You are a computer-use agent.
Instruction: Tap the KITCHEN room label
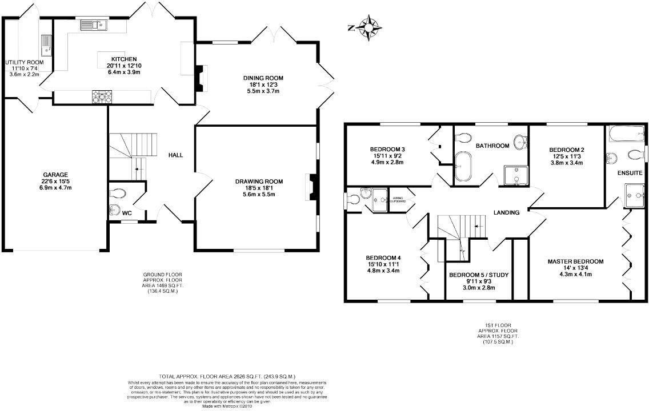pyautogui.click(x=123, y=59)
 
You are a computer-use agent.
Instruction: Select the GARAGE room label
pyautogui.click(x=55, y=175)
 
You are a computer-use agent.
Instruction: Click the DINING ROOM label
pyautogui.click(x=263, y=78)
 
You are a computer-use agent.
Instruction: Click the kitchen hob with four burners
pyautogui.click(x=101, y=97)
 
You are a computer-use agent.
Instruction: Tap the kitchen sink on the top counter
pyautogui.click(x=94, y=25)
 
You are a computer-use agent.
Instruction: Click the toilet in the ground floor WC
pyautogui.click(x=117, y=193)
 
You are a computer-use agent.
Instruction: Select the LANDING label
pyautogui.click(x=506, y=212)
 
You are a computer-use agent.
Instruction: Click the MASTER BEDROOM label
pyautogui.click(x=575, y=261)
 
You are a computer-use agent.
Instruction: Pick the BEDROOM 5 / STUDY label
pyautogui.click(x=478, y=275)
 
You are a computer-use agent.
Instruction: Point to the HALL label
pyautogui.click(x=175, y=155)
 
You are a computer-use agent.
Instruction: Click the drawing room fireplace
pyautogui.click(x=311, y=187)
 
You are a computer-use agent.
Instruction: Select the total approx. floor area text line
pyautogui.click(x=227, y=376)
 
